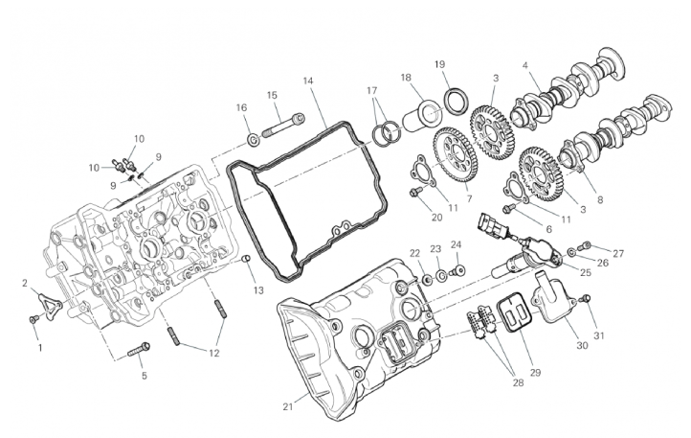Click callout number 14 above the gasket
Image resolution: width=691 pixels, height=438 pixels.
(x=307, y=81)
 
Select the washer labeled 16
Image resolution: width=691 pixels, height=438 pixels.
(x=254, y=140)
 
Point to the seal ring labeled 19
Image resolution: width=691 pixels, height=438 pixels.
(x=455, y=100)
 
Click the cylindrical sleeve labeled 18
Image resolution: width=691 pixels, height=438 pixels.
(x=422, y=116)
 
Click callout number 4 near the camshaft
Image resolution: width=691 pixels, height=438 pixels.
(x=524, y=65)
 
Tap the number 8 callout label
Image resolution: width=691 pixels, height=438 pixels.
(x=600, y=199)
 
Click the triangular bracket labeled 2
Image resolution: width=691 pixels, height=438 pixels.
(x=48, y=303)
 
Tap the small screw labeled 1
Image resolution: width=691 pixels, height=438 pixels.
(x=33, y=319)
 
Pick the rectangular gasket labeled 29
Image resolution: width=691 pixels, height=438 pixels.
(x=515, y=315)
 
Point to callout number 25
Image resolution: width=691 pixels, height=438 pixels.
(x=585, y=272)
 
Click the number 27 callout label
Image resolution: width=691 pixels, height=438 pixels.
(x=618, y=253)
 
